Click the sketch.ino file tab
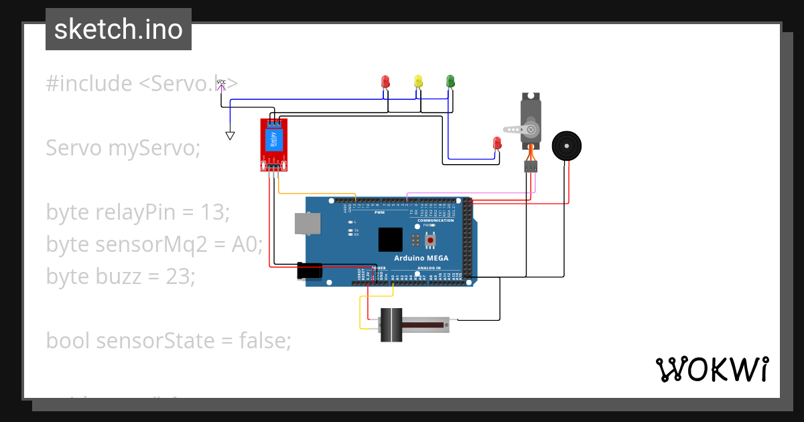(119, 29)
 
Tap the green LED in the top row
(450, 82)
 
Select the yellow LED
(418, 82)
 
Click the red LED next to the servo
(496, 143)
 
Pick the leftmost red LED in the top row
(385, 82)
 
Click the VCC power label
(221, 82)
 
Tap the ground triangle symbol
(230, 136)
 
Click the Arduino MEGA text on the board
(421, 258)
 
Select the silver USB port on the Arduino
(308, 225)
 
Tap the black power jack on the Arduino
(310, 271)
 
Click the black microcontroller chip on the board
(390, 240)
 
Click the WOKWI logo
(712, 369)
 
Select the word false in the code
(265, 341)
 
